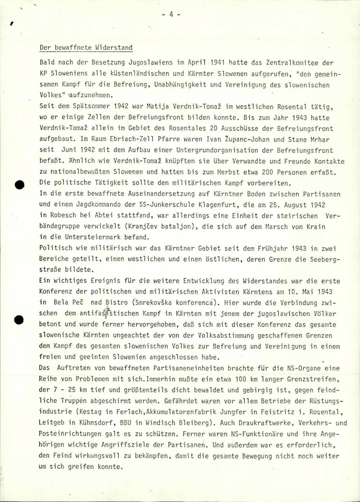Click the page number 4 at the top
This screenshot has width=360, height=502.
171,14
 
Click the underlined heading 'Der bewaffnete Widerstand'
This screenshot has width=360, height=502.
86,48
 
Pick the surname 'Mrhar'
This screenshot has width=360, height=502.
318,139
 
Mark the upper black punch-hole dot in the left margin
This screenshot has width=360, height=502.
19,185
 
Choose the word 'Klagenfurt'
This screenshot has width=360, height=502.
217,205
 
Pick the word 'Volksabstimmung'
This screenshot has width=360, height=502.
227,335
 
